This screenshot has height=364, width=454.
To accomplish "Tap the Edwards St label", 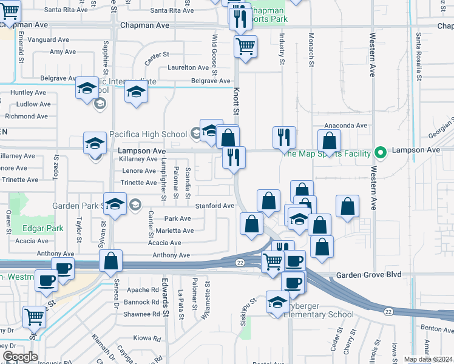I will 164,297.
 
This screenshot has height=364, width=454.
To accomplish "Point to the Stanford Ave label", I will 214,206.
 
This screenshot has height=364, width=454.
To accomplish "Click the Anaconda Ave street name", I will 346,126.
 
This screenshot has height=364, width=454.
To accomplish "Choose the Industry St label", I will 282,49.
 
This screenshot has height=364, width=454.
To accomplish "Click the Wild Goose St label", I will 214,50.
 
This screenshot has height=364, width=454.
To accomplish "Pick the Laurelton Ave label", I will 189,67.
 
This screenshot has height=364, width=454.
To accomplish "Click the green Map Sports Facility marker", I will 381,152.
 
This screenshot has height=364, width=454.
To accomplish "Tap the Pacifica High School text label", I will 148,133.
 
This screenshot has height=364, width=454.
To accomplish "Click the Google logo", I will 20,357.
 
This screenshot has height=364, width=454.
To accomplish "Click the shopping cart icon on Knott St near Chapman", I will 245,45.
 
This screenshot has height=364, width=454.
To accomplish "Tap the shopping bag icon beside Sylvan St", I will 110,261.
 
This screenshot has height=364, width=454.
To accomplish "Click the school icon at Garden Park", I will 114,204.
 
